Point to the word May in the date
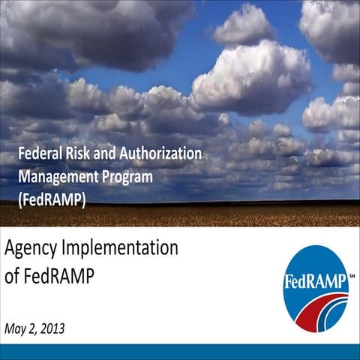pos(17,327)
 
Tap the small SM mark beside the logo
pos(352,275)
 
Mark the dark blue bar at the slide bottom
pos(180,352)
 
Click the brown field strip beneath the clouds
pos(225,213)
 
